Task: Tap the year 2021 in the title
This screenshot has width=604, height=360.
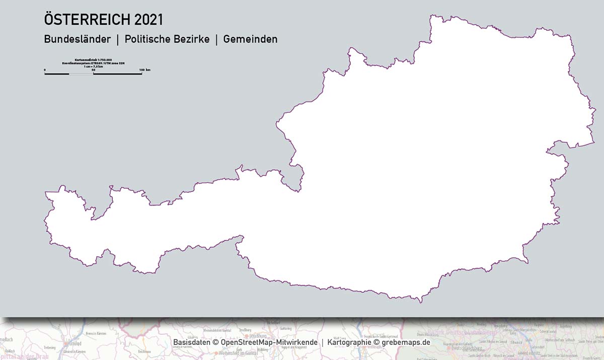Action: click(x=149, y=20)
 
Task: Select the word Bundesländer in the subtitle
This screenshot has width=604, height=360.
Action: click(x=77, y=39)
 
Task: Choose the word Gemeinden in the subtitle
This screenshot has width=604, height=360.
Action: click(x=250, y=39)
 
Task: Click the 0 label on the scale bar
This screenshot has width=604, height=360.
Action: click(x=45, y=69)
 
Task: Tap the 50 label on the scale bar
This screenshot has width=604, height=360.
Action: click(x=93, y=69)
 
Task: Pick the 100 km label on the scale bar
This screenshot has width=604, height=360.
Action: click(x=144, y=69)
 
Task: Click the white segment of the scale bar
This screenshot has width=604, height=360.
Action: click(x=81, y=74)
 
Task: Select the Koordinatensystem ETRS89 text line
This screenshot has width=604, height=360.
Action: click(x=93, y=63)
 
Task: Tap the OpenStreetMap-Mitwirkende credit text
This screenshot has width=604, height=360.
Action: click(x=269, y=342)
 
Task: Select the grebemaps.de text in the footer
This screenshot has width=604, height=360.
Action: click(x=406, y=342)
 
